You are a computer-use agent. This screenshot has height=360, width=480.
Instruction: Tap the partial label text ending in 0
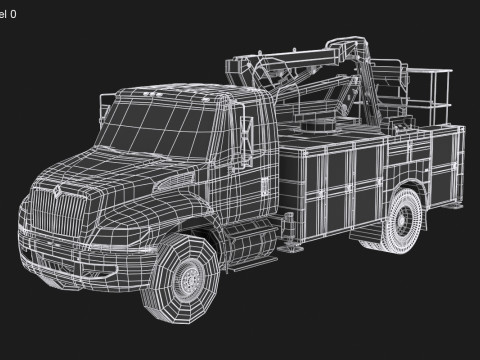point(8,15)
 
